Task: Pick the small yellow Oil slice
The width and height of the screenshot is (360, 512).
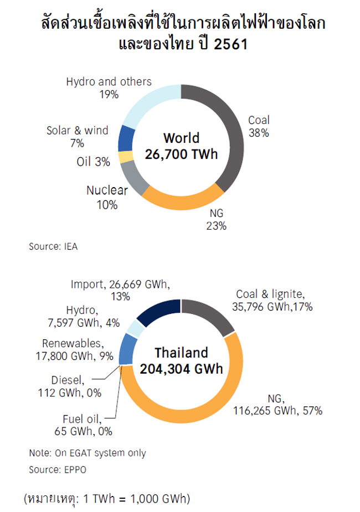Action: coord(126,157)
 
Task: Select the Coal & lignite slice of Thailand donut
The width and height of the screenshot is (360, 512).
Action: coord(211,316)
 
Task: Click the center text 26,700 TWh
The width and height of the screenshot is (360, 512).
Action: coord(181,154)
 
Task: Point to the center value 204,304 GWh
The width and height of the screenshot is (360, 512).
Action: coord(181,369)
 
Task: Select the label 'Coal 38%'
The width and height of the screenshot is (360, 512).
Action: coord(259,127)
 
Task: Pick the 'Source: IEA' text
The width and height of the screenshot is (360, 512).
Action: coord(53,247)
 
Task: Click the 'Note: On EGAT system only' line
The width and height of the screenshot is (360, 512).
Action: coord(88,453)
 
